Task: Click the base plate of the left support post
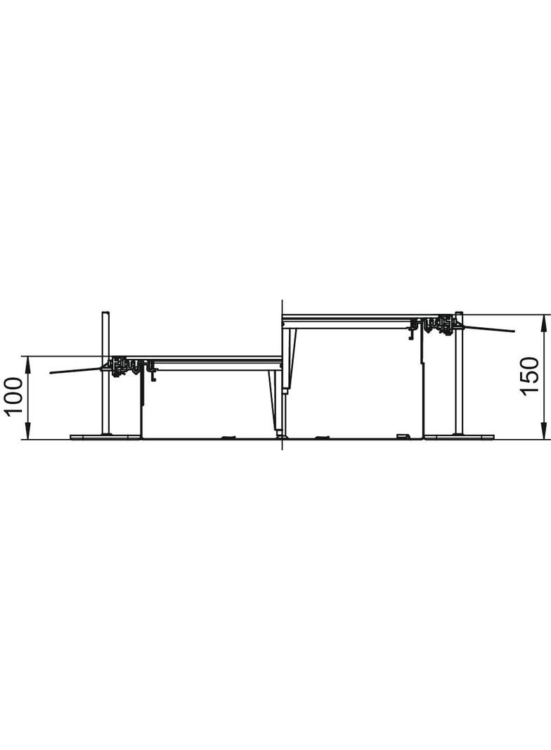[105, 437]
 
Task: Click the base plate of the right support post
[459, 437]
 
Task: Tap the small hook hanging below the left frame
[153, 376]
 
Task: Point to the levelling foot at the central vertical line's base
[281, 435]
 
